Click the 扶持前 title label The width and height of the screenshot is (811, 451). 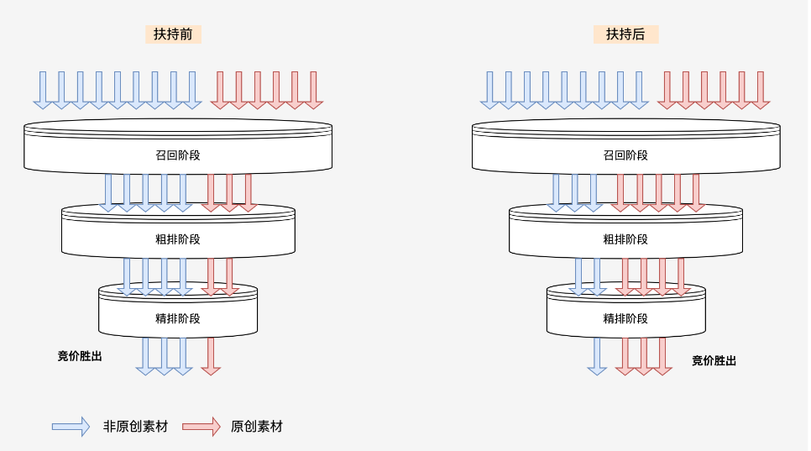click(x=173, y=34)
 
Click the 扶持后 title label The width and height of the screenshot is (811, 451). click(x=625, y=34)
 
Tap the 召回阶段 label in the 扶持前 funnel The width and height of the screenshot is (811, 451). click(x=178, y=155)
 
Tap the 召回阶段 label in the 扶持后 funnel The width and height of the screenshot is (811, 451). click(x=625, y=155)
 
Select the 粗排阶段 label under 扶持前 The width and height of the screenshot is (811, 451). click(x=178, y=239)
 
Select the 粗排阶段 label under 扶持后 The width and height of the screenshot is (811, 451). click(x=625, y=239)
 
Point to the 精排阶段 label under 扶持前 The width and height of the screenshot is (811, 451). click(x=178, y=318)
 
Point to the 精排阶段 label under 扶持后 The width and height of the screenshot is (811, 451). click(x=625, y=318)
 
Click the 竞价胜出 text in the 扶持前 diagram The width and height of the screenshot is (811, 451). click(x=80, y=356)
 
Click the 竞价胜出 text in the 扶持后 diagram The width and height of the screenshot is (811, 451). click(x=714, y=360)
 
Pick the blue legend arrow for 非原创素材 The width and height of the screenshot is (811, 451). click(x=71, y=427)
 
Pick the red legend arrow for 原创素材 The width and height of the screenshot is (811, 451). click(x=201, y=427)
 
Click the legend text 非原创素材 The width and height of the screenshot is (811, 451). click(x=135, y=427)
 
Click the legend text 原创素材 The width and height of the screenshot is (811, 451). click(x=257, y=427)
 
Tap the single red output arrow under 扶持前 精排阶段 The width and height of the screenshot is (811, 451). click(x=211, y=355)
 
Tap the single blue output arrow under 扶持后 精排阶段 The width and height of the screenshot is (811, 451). click(x=597, y=355)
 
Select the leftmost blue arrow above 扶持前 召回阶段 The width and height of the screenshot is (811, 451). click(x=43, y=89)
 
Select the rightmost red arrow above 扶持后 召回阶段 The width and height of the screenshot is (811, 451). click(x=761, y=89)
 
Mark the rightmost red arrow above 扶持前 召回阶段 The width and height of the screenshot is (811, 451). click(x=313, y=89)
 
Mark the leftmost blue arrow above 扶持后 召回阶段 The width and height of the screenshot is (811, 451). click(x=490, y=89)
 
